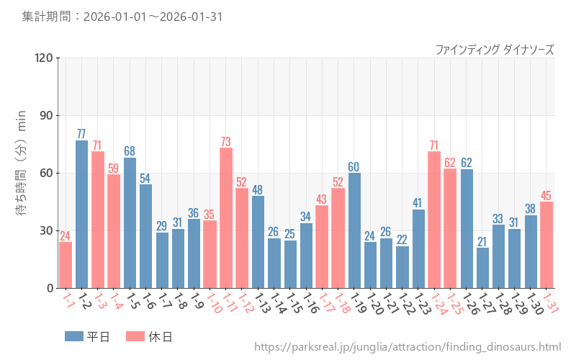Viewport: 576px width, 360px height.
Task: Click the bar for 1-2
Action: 81,214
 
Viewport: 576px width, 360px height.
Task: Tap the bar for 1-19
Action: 354,230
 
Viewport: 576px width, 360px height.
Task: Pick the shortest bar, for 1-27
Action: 482,268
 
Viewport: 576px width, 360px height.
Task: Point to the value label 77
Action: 81,134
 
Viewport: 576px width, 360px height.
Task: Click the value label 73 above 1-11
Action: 226,142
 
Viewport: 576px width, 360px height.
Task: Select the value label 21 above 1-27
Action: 482,241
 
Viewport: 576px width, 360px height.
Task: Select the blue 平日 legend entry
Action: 86,336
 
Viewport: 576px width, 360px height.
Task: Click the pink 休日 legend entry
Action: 148,336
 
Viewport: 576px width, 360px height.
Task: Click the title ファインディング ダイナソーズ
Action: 495,50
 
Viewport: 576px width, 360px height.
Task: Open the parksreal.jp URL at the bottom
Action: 408,347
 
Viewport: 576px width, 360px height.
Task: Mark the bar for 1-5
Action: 130,222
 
